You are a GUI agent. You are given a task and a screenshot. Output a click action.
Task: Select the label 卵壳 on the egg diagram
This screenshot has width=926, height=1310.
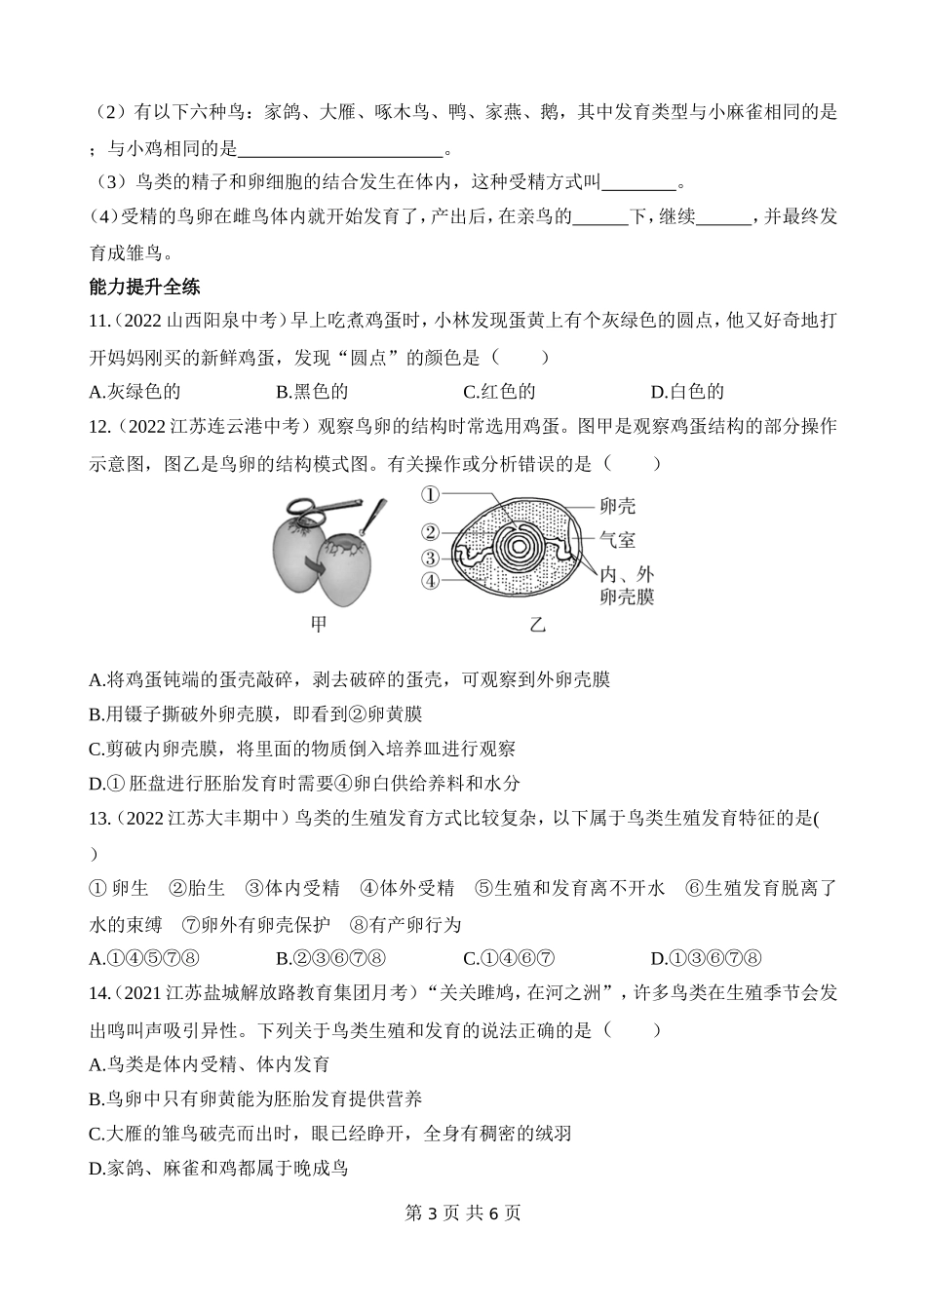pyautogui.click(x=617, y=506)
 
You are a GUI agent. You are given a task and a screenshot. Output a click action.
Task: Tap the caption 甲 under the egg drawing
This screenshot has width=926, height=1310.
pyautogui.click(x=318, y=625)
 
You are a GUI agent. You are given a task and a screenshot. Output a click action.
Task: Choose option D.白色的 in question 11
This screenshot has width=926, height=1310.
pyautogui.click(x=687, y=392)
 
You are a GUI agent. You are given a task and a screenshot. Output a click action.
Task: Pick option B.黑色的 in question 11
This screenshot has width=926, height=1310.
pyautogui.click(x=312, y=392)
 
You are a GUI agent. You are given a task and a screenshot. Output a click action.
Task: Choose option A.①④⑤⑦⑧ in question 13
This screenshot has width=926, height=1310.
pyautogui.click(x=144, y=958)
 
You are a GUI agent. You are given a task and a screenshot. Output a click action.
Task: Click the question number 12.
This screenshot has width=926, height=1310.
pyautogui.click(x=99, y=427)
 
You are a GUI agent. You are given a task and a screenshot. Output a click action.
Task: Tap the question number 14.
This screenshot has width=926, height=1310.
pyautogui.click(x=99, y=993)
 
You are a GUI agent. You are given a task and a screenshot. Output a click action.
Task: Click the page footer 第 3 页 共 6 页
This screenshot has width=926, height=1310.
pyautogui.click(x=462, y=1214)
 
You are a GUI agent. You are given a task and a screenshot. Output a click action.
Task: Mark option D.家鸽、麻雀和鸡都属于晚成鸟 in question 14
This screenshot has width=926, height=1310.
pyautogui.click(x=217, y=1168)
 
